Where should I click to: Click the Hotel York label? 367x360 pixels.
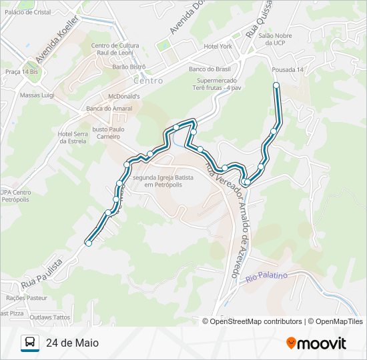click(218, 47)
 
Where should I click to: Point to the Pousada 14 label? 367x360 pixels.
click(288, 69)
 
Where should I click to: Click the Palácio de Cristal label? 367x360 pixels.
click(27, 12)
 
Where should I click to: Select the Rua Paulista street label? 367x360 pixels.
click(41, 273)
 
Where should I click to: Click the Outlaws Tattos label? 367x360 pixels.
click(50, 317)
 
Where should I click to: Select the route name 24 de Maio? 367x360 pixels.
click(72, 343)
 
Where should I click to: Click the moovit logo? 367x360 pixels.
click(316, 343)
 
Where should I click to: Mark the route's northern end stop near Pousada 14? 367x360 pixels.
click(276, 85)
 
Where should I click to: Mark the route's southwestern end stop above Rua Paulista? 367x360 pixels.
click(88, 243)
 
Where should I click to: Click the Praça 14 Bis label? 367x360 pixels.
click(20, 71)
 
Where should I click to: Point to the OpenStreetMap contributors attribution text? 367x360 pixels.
click(256, 321)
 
